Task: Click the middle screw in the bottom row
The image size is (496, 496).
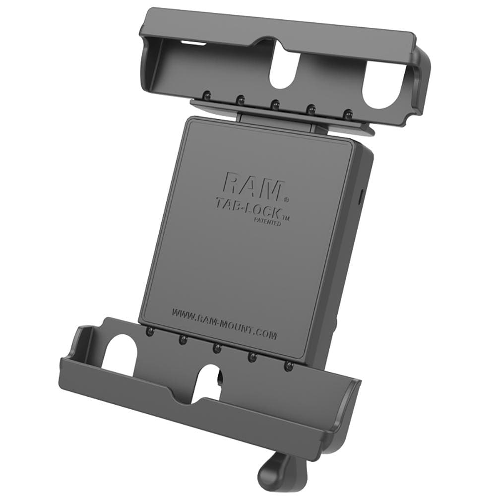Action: [217, 348]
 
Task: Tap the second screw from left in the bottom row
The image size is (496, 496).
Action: [183, 340]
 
